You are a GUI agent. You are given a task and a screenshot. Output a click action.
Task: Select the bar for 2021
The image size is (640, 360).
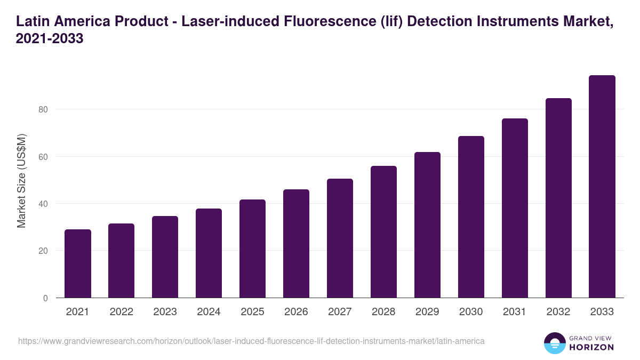click(78, 263)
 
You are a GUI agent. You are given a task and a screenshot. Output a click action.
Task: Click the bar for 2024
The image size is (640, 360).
click(209, 253)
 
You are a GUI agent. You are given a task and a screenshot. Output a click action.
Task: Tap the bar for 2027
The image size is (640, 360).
click(340, 238)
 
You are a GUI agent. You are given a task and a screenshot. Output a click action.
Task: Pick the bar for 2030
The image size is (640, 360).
click(471, 217)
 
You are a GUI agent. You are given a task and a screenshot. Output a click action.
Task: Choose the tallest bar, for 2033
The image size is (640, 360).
click(602, 187)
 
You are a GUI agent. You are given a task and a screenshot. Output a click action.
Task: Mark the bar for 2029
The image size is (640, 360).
click(427, 225)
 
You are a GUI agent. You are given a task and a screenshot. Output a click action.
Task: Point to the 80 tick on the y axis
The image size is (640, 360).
click(43, 109)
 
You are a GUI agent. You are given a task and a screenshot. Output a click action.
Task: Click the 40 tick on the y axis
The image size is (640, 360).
click(43, 204)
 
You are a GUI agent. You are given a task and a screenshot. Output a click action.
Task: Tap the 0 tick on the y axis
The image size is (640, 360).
click(45, 298)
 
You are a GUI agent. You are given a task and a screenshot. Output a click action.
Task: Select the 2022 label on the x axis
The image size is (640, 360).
click(122, 312)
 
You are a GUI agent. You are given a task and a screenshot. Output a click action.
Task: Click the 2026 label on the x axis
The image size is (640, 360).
click(296, 312)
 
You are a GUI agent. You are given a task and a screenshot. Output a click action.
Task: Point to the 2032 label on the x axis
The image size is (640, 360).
click(558, 312)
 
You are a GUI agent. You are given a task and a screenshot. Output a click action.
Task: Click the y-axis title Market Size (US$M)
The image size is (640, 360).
click(21, 180)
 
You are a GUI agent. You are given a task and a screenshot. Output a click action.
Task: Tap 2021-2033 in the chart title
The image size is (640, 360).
click(50, 39)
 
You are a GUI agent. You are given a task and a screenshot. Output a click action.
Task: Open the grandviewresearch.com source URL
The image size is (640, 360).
click(251, 341)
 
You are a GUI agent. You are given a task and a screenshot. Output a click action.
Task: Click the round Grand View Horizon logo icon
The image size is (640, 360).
click(555, 343)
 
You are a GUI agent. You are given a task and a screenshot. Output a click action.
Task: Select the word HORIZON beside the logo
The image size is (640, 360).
click(592, 347)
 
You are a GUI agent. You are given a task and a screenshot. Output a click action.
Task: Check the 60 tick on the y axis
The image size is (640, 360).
click(43, 157)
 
